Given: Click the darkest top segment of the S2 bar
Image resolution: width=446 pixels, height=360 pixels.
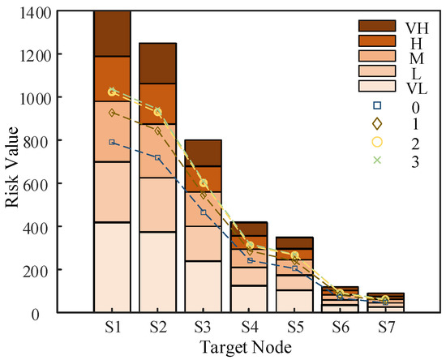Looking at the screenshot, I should (158, 62).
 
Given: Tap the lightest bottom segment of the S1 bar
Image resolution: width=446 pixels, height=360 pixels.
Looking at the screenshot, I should (112, 268).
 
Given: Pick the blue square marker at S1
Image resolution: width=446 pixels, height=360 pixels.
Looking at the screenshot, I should (112, 142).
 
